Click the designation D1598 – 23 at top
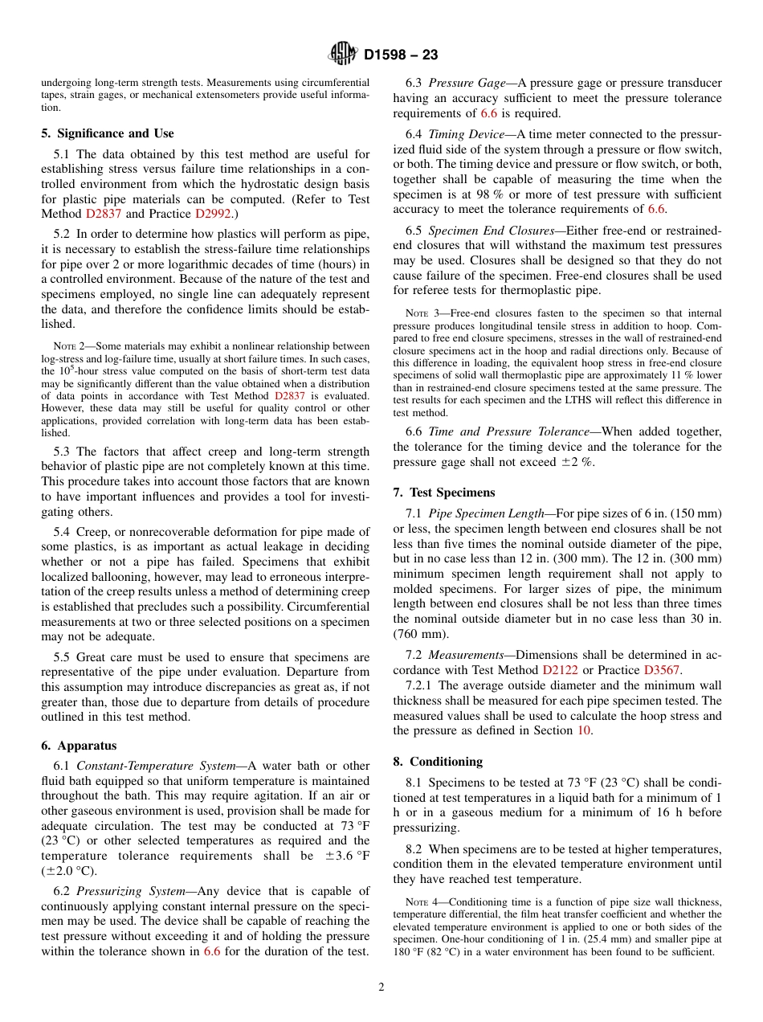(x=400, y=55)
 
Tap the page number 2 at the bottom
(x=381, y=987)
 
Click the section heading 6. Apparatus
(x=79, y=746)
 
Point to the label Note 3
(x=422, y=313)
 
